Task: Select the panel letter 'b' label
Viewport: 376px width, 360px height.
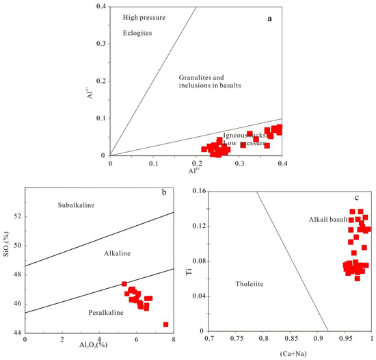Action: click(164, 192)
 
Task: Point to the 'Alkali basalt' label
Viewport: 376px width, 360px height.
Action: click(327, 219)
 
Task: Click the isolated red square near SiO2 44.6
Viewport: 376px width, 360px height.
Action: click(165, 324)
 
